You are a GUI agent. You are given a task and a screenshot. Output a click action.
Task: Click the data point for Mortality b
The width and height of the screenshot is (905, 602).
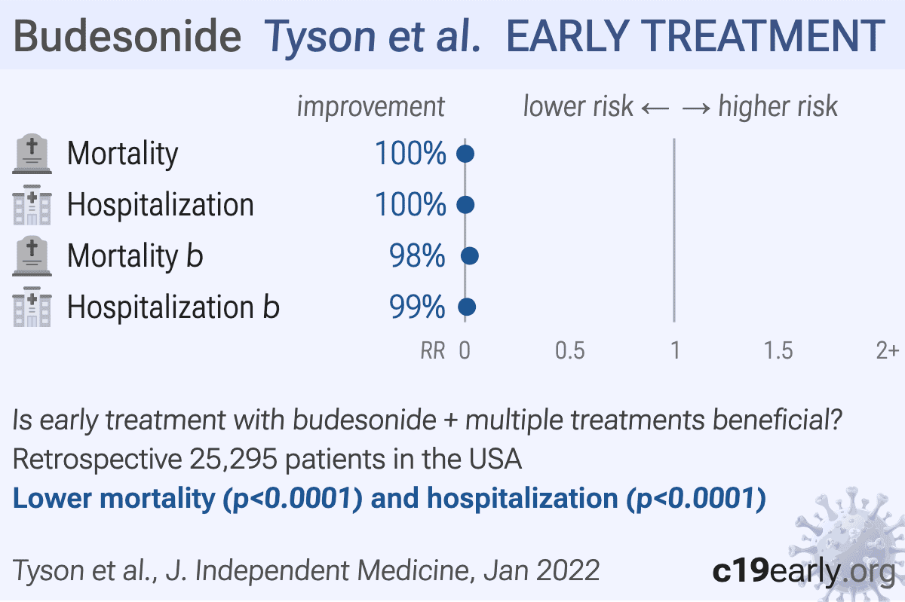[470, 256]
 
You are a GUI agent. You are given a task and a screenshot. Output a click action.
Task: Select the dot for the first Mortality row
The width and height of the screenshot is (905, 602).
[465, 154]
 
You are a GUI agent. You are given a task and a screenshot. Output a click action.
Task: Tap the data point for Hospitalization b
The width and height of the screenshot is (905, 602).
[467, 307]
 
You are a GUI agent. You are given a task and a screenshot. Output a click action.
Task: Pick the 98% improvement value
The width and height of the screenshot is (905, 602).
[417, 256]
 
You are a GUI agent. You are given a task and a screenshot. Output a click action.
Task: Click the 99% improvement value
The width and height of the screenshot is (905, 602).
[417, 307]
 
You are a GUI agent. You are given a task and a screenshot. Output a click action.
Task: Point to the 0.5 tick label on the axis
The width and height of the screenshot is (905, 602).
[569, 350]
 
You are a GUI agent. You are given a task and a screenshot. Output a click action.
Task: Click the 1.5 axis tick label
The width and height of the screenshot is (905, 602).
[778, 350]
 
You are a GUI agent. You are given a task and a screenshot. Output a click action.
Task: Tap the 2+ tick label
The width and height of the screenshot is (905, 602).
[887, 350]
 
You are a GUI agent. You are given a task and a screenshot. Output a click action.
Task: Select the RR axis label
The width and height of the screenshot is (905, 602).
[433, 350]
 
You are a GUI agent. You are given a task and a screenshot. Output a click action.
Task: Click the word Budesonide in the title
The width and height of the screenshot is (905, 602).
[127, 36]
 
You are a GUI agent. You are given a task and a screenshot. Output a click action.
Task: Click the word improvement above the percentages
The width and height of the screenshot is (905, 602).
[371, 107]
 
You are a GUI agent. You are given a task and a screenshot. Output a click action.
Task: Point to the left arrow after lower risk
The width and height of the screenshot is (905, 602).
[655, 108]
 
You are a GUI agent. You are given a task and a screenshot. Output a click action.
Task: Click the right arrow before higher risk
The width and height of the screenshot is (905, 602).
[696, 108]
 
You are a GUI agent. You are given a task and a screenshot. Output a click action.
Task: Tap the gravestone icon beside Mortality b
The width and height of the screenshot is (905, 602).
[32, 256]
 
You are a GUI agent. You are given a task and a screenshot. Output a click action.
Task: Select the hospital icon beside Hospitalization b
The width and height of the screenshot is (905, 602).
[32, 307]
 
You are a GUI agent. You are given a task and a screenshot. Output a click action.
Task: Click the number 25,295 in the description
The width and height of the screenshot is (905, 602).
[233, 460]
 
